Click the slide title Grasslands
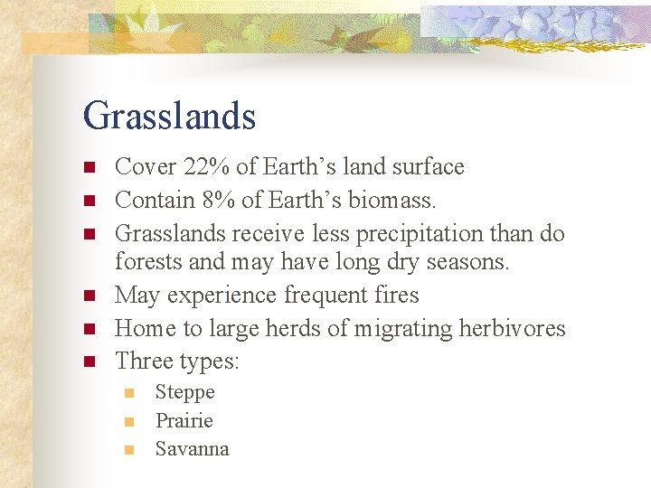point(169,116)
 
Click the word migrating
point(381,329)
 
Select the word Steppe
point(184,392)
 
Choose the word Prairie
point(184,420)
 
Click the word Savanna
point(192,449)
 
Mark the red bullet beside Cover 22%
point(89,168)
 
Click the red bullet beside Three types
point(89,362)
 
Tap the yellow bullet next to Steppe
point(129,393)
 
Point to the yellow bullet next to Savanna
point(129,450)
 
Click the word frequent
point(325,296)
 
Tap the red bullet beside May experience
point(89,296)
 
